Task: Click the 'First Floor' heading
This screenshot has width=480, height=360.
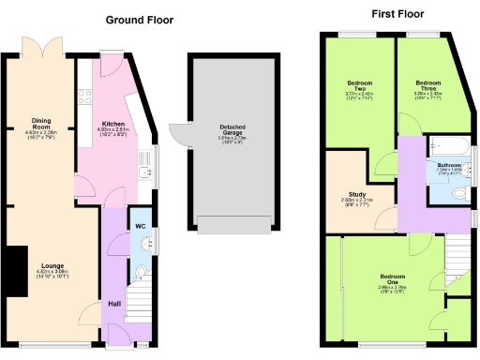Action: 397,14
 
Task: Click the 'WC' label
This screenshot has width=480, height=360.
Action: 140,227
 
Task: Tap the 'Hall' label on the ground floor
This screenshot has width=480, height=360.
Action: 114,303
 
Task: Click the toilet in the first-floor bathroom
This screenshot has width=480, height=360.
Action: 457,192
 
